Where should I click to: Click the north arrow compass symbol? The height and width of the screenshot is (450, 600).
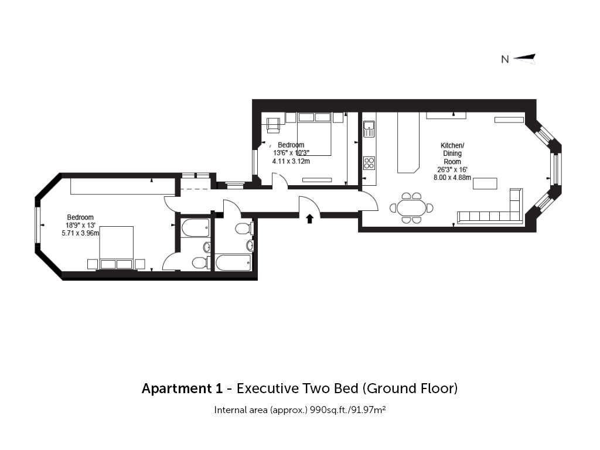pos(524,59)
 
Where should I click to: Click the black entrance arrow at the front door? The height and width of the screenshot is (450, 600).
pos(309,219)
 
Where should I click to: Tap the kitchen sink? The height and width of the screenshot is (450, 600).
pos(369,128)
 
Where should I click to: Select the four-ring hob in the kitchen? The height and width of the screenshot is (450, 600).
pos(369,163)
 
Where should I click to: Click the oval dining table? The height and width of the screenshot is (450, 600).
pos(411,208)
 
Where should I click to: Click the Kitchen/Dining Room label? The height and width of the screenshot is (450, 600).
pos(452,154)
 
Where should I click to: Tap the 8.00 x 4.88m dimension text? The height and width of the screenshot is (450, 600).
pos(452,178)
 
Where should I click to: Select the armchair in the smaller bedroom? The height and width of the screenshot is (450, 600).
pos(273,125)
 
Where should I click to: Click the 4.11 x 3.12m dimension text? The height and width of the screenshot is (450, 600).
pos(291,161)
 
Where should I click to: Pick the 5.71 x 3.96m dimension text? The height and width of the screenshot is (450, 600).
pos(80,233)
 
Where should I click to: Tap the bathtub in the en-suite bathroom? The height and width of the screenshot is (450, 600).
pos(195,228)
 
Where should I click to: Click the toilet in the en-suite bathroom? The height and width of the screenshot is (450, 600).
pos(199,262)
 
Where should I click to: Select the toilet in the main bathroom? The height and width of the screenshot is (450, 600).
pos(243,229)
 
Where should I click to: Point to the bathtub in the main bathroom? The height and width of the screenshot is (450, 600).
pos(233,262)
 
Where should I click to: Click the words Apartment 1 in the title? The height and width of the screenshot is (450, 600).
pos(182,388)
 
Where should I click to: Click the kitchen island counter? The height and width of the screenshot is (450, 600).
pos(408,142)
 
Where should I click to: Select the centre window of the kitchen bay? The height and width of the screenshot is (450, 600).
pos(557,169)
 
